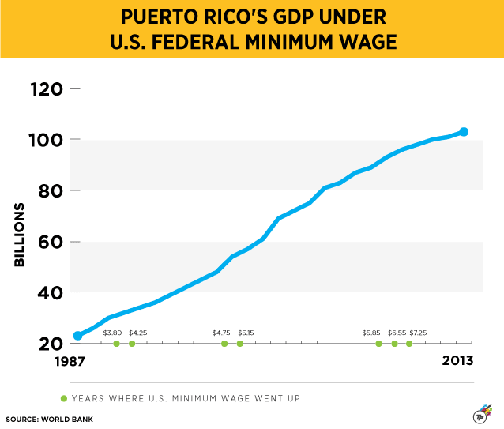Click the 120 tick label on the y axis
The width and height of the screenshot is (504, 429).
coord(46,89)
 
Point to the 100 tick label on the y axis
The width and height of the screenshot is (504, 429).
coord(46,140)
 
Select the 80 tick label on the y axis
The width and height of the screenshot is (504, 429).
coord(49,191)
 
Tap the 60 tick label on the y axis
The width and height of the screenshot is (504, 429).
coord(49,242)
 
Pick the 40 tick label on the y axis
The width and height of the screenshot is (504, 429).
coord(49,293)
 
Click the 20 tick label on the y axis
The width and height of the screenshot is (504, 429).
coord(49,344)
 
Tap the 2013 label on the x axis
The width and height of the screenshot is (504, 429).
coord(458,361)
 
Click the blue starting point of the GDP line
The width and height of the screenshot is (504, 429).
coord(77,336)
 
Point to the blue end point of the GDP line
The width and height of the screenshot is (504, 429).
coord(464,132)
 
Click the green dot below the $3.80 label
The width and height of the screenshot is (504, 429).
coord(116,344)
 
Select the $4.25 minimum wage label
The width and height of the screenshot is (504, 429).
coord(137,333)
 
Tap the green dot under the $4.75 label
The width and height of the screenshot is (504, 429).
coord(224,344)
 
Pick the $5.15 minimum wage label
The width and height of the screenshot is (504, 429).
coord(245,333)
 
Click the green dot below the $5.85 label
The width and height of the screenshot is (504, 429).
coord(378,344)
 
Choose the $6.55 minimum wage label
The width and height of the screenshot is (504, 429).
coord(397,333)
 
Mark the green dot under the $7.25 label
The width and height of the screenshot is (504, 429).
coord(409,344)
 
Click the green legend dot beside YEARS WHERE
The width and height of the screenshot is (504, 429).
coord(64,397)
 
